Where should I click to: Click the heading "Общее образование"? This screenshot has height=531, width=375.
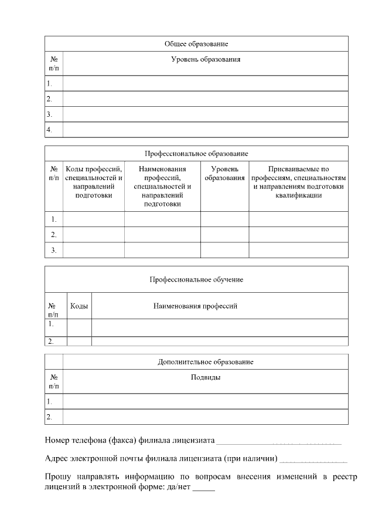click(x=196, y=44)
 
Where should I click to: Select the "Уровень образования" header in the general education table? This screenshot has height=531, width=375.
click(x=206, y=59)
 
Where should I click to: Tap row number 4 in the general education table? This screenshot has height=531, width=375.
click(x=50, y=129)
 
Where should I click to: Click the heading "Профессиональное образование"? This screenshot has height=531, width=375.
click(x=196, y=153)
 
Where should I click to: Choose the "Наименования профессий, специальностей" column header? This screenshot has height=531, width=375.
click(x=162, y=186)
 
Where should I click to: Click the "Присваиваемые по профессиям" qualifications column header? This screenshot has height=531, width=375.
click(x=298, y=182)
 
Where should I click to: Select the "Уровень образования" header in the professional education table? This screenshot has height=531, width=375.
click(x=224, y=174)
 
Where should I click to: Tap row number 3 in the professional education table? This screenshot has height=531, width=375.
click(x=53, y=250)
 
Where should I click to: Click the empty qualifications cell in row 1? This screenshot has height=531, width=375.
click(x=298, y=219)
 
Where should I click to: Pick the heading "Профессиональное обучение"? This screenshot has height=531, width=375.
click(x=196, y=279)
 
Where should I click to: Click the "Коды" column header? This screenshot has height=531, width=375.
click(x=79, y=306)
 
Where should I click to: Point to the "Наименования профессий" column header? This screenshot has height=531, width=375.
click(x=195, y=306)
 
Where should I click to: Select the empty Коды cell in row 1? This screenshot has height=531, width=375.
click(x=79, y=327)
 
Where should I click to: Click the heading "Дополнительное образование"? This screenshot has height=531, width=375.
click(x=205, y=362)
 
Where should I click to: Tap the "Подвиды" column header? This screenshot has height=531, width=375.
click(x=206, y=377)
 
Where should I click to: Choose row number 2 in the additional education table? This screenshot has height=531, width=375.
click(x=50, y=417)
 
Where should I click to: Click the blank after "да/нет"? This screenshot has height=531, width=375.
click(x=203, y=489)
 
